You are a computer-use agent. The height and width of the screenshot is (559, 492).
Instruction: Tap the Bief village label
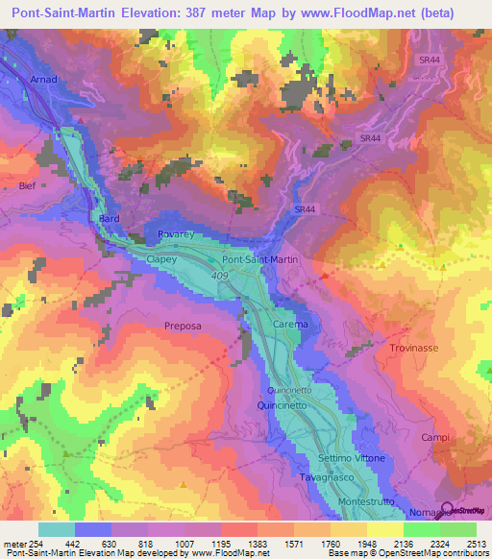tap(26, 185)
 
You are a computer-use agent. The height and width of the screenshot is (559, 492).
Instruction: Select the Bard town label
tap(109, 219)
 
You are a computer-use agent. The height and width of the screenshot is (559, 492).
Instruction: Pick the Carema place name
tap(290, 325)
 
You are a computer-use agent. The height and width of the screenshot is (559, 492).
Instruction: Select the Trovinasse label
tap(414, 347)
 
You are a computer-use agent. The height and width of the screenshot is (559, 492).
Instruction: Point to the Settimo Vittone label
tap(352, 459)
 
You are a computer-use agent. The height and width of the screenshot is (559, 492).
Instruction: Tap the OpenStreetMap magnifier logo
tap(447, 510)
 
